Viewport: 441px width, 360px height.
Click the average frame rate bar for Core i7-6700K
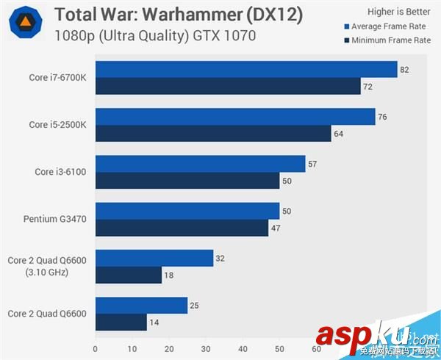point(246,70)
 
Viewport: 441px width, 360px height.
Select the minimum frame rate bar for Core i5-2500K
point(213,134)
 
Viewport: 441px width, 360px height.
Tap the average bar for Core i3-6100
point(200,164)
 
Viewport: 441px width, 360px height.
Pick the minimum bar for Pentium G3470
point(182,228)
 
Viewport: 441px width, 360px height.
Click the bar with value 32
point(154,258)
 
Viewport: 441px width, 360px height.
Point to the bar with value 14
point(121,322)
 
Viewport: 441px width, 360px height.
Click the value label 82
point(404,70)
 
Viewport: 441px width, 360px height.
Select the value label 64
point(338,134)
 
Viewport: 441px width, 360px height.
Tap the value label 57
point(312,164)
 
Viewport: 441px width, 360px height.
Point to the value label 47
point(276,228)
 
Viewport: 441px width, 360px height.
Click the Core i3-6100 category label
point(60,172)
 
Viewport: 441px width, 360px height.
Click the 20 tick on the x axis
point(169,349)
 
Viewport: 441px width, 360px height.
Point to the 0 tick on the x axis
point(96,349)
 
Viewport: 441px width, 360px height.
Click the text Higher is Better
point(399,12)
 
